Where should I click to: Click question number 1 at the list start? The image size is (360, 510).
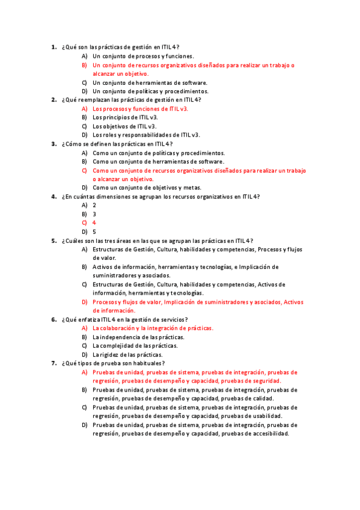[53, 47]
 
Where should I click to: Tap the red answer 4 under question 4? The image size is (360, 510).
[94, 223]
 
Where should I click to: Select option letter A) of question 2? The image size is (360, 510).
[85, 109]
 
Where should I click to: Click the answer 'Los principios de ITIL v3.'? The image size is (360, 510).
[125, 118]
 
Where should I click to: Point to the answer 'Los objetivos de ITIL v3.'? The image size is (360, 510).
[124, 126]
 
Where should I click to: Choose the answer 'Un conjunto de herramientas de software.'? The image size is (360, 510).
[150, 82]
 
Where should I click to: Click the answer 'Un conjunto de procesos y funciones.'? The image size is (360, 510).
[143, 56]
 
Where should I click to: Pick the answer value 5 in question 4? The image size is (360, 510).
[94, 232]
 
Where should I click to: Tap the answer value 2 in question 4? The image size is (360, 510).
[94, 205]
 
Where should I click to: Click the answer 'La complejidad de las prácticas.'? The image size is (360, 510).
[135, 346]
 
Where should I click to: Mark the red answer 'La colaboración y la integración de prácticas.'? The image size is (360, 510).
[153, 328]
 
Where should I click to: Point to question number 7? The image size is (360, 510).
[53, 363]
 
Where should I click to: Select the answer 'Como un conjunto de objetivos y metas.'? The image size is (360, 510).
[147, 188]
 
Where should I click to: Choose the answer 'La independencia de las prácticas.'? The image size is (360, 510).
[138, 337]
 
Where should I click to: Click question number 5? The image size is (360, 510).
[53, 241]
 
